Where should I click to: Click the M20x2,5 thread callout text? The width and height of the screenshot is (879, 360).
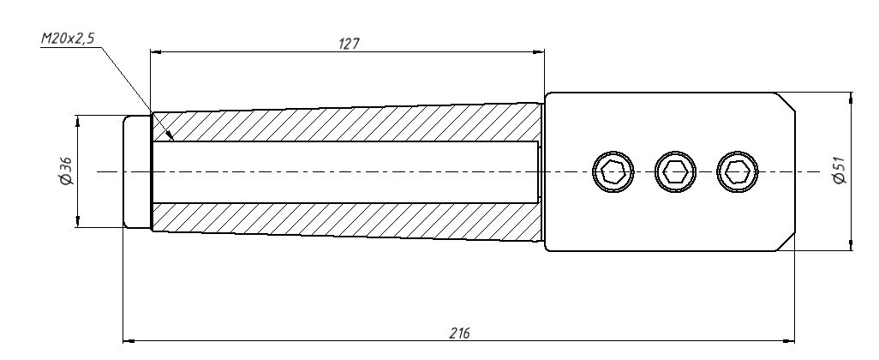click(x=68, y=39)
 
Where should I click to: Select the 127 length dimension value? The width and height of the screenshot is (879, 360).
click(x=349, y=44)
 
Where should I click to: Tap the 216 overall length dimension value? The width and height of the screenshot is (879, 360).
click(x=459, y=333)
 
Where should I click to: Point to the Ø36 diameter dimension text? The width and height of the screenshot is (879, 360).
click(x=66, y=171)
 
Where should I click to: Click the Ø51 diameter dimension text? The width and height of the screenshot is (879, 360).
click(x=840, y=171)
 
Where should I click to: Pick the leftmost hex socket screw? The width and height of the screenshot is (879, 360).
click(x=613, y=171)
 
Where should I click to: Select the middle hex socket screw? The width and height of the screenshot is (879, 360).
click(x=675, y=171)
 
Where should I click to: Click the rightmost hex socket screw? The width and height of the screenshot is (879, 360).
click(x=738, y=171)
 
